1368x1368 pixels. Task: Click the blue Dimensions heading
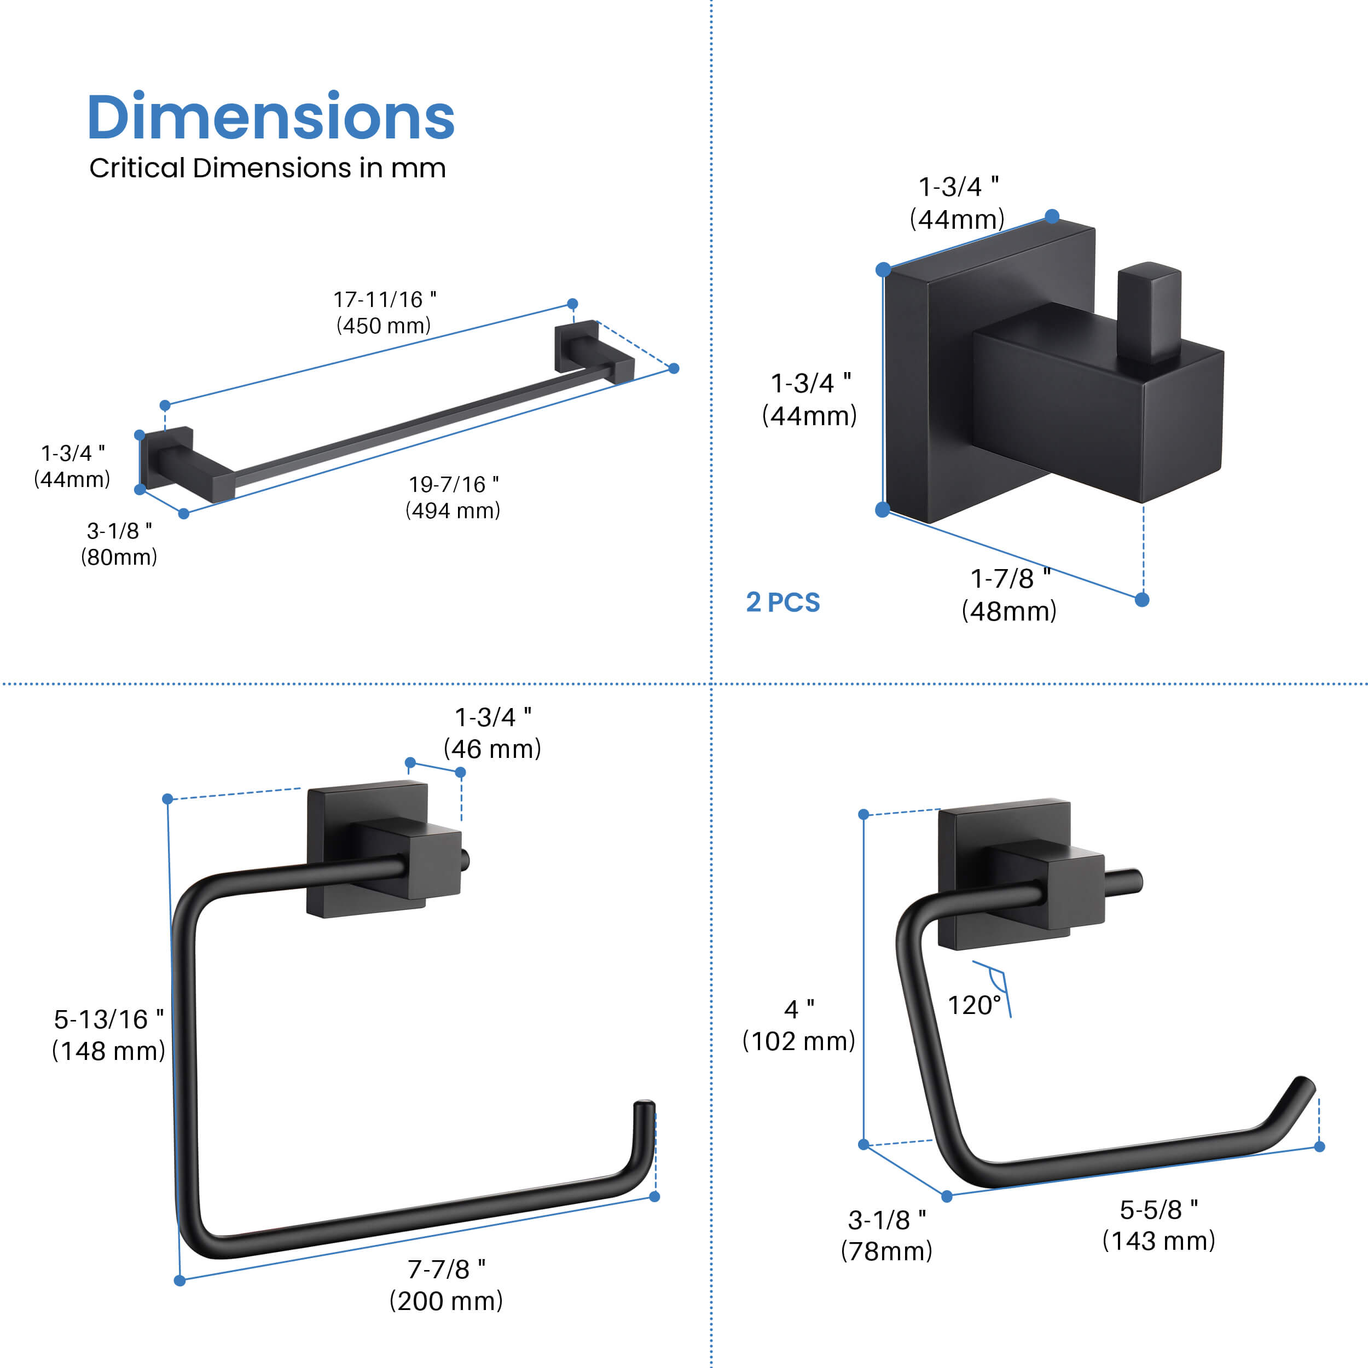click(x=270, y=117)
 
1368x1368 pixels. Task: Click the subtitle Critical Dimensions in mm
click(x=268, y=168)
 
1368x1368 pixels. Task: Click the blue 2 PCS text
click(x=783, y=602)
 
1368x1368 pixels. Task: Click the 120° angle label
click(x=975, y=1005)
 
